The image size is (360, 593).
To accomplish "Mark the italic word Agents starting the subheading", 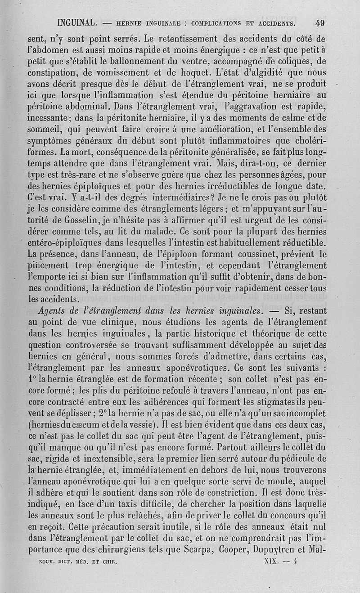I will pyautogui.click(x=51, y=310).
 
